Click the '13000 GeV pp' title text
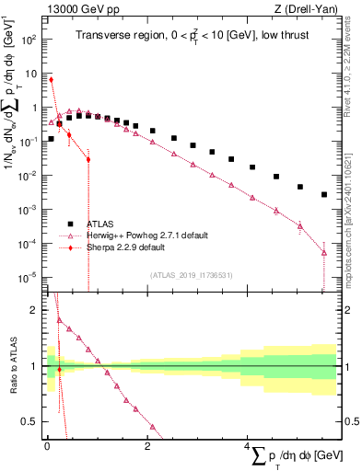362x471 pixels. click(x=75, y=8)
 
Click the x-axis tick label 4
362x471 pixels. click(x=247, y=446)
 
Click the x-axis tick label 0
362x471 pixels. click(x=47, y=446)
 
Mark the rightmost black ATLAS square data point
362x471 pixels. click(x=324, y=194)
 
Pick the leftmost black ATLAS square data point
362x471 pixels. click(x=51, y=139)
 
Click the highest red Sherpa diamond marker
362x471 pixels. click(x=51, y=79)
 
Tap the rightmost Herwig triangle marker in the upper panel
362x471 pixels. click(x=324, y=252)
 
